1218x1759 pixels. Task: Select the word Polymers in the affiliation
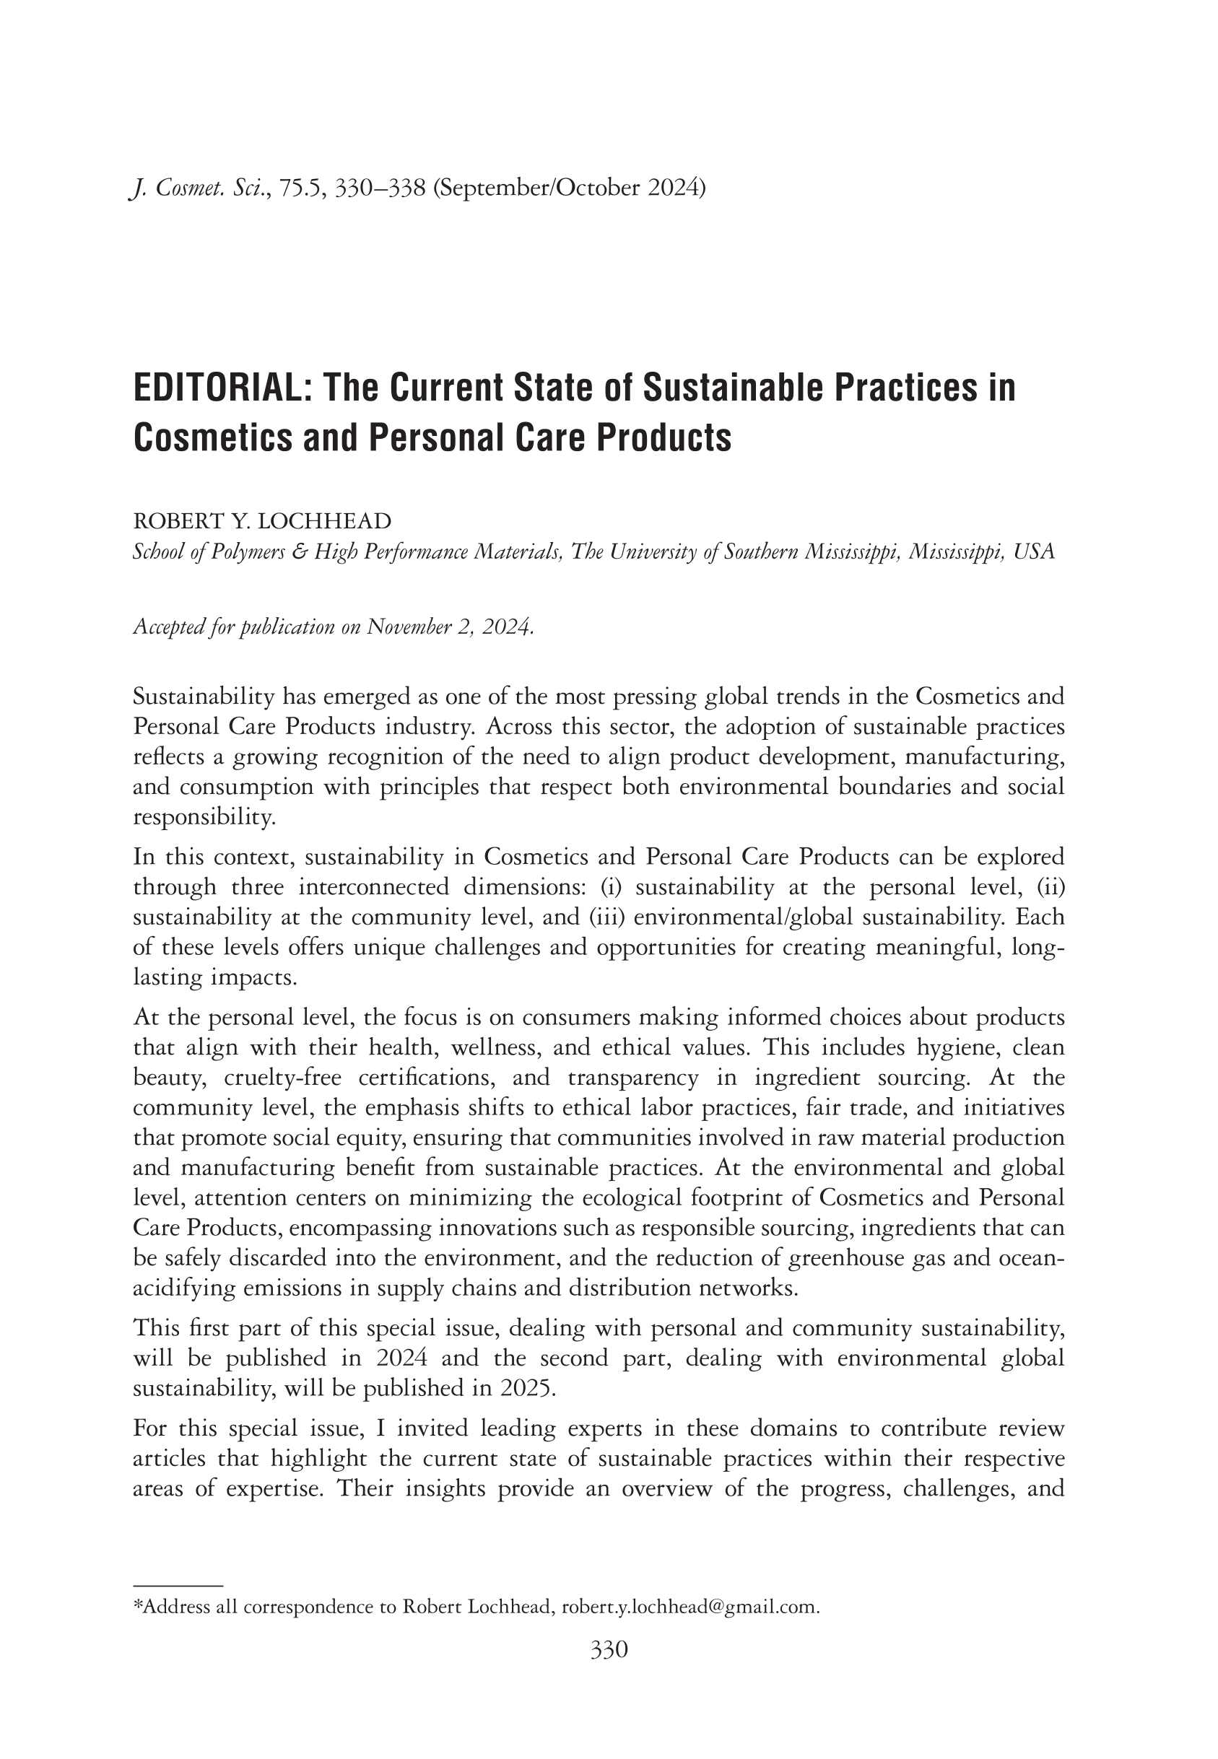click(x=233, y=551)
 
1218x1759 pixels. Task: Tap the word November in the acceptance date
click(x=409, y=627)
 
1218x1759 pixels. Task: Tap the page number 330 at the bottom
click(x=608, y=1650)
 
